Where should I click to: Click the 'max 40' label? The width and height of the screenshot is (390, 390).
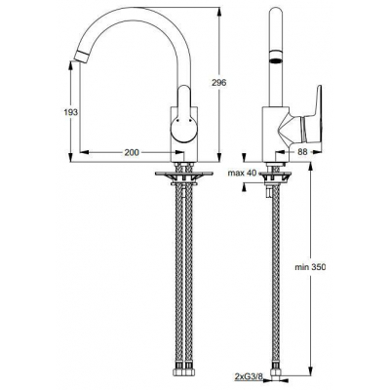[x=242, y=173]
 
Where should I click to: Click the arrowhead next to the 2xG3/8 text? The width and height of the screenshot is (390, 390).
[x=270, y=374]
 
